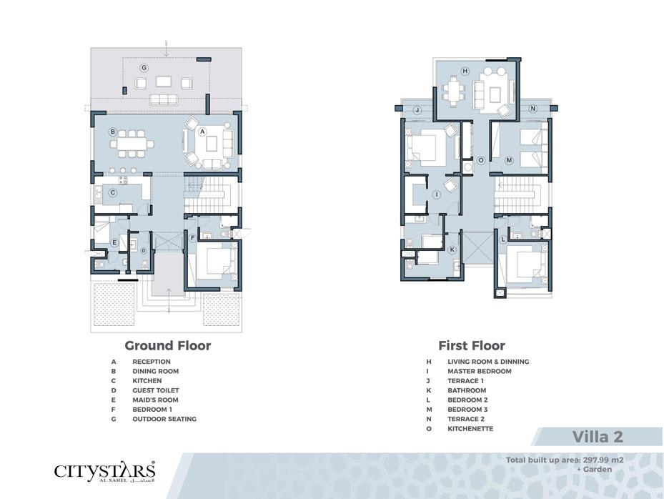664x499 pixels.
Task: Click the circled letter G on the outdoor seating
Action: pyautogui.click(x=144, y=68)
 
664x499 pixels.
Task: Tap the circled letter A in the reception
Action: pyautogui.click(x=202, y=132)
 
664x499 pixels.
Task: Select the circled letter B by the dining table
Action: pyautogui.click(x=113, y=132)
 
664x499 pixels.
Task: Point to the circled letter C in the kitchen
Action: pyautogui.click(x=113, y=193)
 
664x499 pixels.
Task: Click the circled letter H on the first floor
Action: pyautogui.click(x=465, y=71)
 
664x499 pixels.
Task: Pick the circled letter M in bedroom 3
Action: pyautogui.click(x=509, y=161)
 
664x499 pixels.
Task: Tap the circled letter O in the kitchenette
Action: pyautogui.click(x=480, y=161)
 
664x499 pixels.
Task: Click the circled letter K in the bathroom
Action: pyautogui.click(x=452, y=249)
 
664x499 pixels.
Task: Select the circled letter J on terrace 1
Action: pyautogui.click(x=417, y=110)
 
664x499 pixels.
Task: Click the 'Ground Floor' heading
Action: pyautogui.click(x=168, y=346)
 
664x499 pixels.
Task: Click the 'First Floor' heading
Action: pyautogui.click(x=472, y=346)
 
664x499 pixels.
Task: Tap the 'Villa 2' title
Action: pyautogui.click(x=598, y=437)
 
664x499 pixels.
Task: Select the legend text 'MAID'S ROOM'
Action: pyautogui.click(x=155, y=400)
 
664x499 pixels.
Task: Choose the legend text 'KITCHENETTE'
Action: pyautogui.click(x=470, y=429)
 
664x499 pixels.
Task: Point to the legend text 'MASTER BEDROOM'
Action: pyautogui.click(x=480, y=371)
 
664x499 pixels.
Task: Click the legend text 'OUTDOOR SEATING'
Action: pyautogui.click(x=164, y=419)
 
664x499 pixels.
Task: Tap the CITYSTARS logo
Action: pyautogui.click(x=104, y=471)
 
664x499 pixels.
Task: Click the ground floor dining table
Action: pyautogui.click(x=132, y=144)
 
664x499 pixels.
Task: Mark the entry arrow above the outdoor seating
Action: pyautogui.click(x=167, y=49)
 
